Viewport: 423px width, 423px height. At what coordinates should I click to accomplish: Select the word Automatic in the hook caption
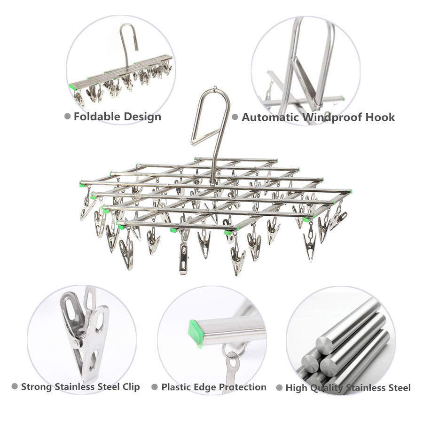point(270,117)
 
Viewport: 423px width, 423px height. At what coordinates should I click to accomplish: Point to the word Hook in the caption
point(380,117)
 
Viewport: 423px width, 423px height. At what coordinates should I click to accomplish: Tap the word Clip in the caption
point(131,387)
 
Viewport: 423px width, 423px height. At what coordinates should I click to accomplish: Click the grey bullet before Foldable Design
point(67,117)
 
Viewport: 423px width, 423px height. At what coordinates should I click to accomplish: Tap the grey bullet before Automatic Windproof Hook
point(235,117)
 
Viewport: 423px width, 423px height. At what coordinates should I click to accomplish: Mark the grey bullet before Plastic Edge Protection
point(155,387)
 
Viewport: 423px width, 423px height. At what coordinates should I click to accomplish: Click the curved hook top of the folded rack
point(128,26)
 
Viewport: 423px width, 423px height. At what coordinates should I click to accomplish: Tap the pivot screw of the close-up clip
point(78,343)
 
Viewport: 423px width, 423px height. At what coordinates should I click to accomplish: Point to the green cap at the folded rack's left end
point(72,86)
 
